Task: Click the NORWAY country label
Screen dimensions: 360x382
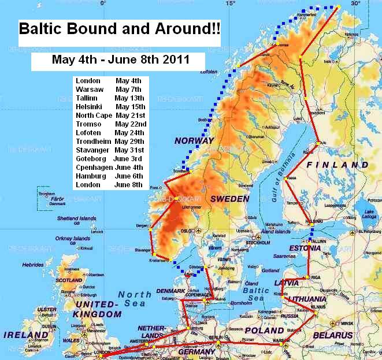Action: (x=195, y=140)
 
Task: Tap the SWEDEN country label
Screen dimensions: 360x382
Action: (x=230, y=199)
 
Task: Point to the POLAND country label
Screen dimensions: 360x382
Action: (x=264, y=330)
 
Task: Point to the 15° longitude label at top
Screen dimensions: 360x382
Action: (x=230, y=3)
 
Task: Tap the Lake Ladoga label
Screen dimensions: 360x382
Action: (x=368, y=215)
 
